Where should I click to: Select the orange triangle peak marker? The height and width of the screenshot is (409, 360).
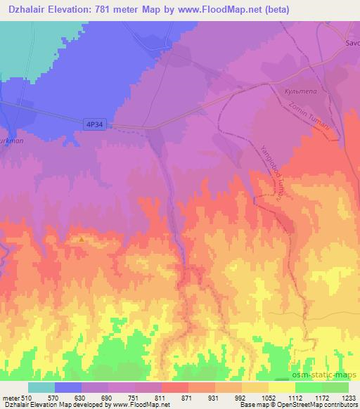(x=82, y=239)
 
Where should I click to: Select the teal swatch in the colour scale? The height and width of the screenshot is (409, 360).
(x=41, y=387)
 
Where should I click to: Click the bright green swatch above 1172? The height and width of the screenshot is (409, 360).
(x=309, y=387)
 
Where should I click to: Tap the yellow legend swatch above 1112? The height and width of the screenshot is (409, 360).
(x=282, y=387)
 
